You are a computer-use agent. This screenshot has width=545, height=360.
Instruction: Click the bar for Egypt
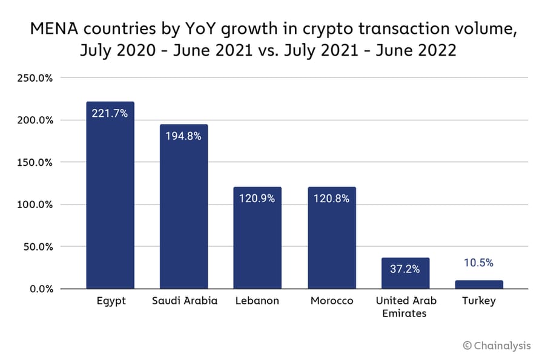pos(110,200)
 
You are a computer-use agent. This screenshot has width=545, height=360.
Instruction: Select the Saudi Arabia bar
pos(184,209)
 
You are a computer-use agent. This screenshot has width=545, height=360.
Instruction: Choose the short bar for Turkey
pos(479,284)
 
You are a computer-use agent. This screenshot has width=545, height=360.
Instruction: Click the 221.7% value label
pos(110,113)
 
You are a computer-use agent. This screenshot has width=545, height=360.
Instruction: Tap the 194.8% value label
pos(184,136)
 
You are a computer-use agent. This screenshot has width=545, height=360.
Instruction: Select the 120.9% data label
pos(257,198)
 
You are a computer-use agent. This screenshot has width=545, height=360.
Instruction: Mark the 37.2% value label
pos(405,269)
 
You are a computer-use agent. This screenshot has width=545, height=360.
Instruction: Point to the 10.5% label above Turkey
pos(479,263)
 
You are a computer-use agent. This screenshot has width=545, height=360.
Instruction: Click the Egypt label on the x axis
pos(111,301)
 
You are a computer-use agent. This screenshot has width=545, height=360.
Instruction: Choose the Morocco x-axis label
pos(332,301)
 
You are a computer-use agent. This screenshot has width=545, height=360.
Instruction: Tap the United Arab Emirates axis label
pos(405,307)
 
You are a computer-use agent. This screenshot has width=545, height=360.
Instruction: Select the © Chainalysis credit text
pos(497,345)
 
